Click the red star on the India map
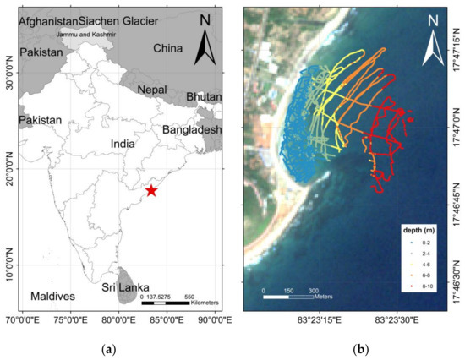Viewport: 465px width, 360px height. pos(151,190)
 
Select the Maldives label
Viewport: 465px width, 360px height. pos(52,297)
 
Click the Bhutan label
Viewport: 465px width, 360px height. pos(204,97)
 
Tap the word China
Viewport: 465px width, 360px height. pos(167,49)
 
